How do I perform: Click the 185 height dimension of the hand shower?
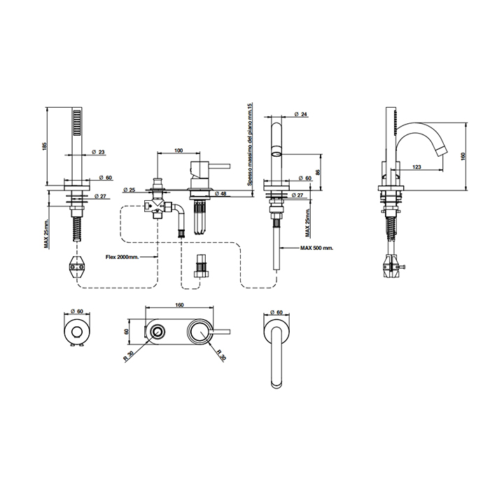pos(44,146)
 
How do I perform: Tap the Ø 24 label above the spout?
pos(300,114)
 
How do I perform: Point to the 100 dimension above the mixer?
pos(178,150)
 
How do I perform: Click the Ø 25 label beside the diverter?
pos(129,190)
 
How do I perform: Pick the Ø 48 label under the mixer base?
pos(220,194)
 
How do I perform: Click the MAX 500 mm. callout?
pos(317,248)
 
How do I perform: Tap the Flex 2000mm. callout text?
pos(122,257)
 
